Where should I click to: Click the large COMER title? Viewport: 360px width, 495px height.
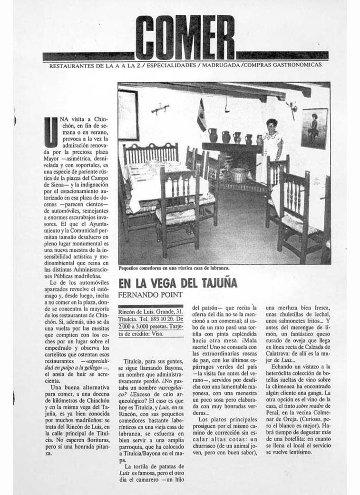click(x=185, y=38)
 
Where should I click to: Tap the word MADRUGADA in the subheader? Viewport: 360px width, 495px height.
click(x=221, y=65)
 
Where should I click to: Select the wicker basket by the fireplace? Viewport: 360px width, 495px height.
click(x=239, y=175)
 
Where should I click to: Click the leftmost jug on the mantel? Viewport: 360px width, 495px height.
click(x=213, y=135)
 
